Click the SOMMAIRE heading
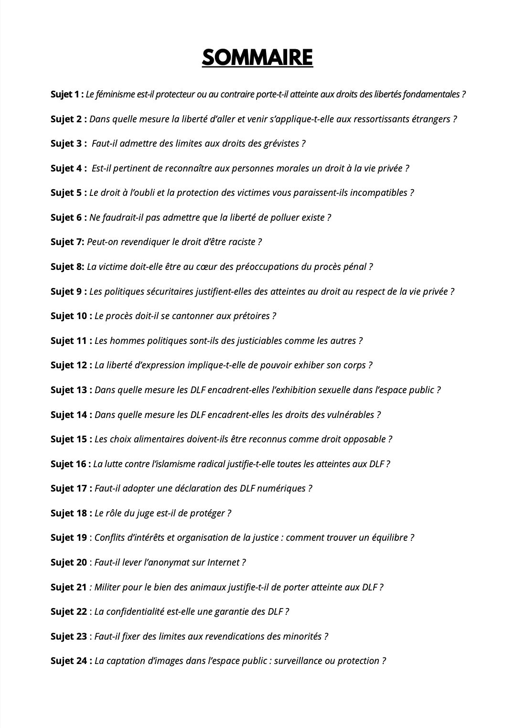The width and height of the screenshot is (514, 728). (257, 58)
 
